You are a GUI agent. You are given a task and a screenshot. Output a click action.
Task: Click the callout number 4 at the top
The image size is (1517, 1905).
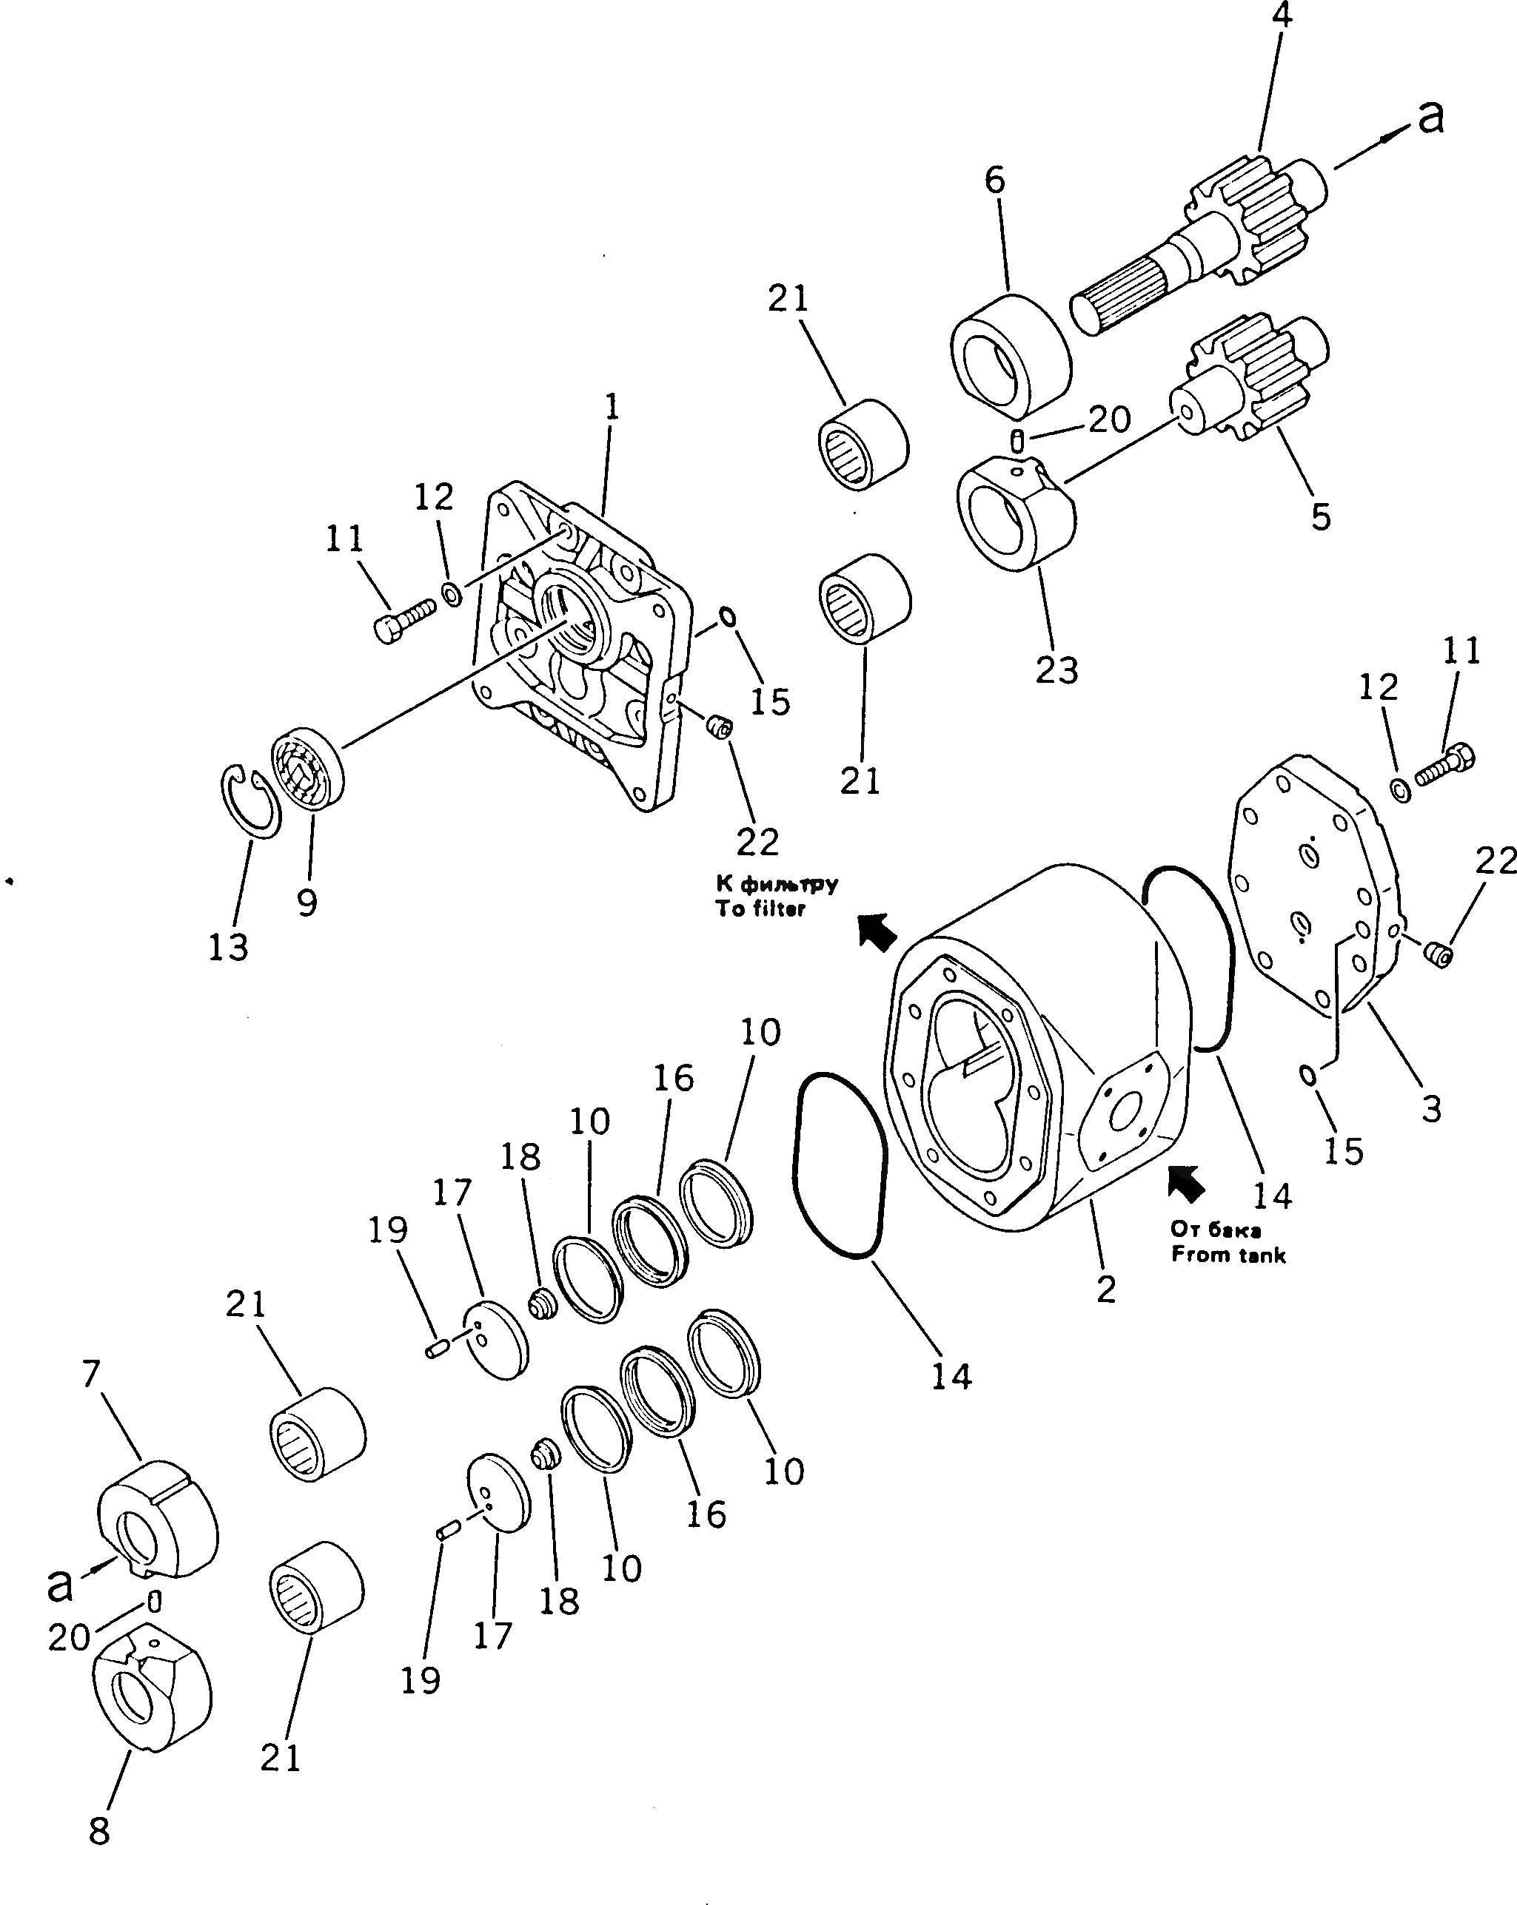(1281, 16)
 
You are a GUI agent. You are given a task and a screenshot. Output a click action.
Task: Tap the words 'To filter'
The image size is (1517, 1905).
(760, 909)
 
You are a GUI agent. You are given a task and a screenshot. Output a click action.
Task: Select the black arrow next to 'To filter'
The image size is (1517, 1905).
(877, 932)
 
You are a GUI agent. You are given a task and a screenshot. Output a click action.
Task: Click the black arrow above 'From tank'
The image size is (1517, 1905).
(1185, 1182)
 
